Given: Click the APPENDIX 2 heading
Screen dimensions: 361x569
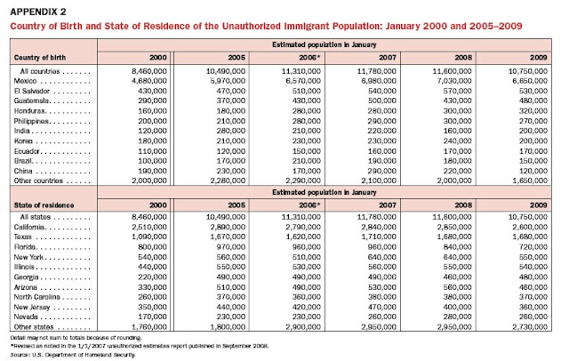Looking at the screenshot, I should (40, 12).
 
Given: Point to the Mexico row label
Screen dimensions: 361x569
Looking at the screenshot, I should (32, 80).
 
